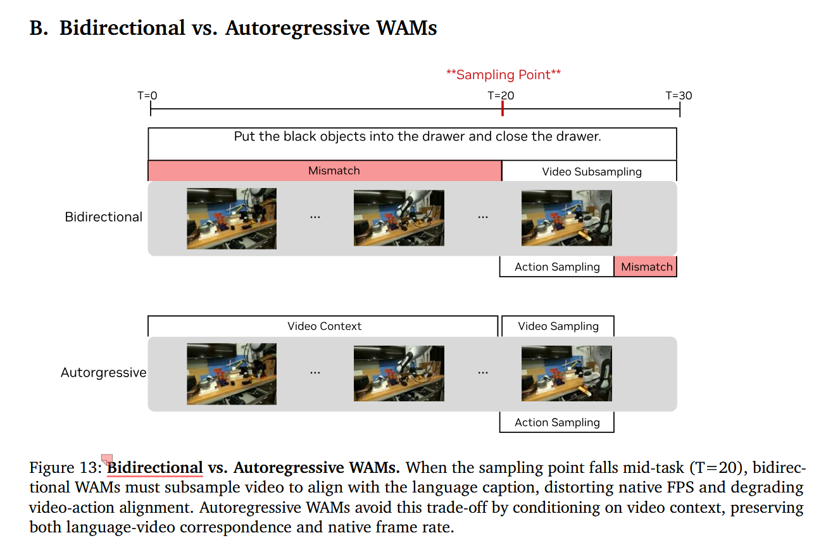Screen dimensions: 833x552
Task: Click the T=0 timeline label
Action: [147, 96]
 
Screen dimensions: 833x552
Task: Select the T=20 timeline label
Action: [501, 96]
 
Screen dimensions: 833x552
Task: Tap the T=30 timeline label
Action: [679, 96]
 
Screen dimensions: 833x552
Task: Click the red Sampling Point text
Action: [503, 75]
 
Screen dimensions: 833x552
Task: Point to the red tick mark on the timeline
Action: [503, 108]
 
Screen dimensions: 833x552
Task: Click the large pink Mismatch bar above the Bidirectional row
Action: [325, 171]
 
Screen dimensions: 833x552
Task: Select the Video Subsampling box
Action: [589, 171]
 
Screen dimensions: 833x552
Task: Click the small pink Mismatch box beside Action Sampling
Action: [646, 267]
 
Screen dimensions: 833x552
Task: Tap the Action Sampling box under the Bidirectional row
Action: [556, 267]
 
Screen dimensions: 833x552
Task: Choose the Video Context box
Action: [323, 326]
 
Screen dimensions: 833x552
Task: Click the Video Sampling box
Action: [558, 326]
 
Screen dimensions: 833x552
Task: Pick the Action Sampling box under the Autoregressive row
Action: [556, 422]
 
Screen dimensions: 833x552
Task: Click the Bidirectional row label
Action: [103, 217]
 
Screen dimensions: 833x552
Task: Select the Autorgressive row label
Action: [103, 372]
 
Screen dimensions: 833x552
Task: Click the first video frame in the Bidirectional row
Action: [232, 218]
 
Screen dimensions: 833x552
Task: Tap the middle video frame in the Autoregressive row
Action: [399, 373]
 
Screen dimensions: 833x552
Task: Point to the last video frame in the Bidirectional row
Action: [567, 218]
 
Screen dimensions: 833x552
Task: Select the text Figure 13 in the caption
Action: [65, 468]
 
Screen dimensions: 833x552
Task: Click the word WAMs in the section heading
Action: [406, 28]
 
